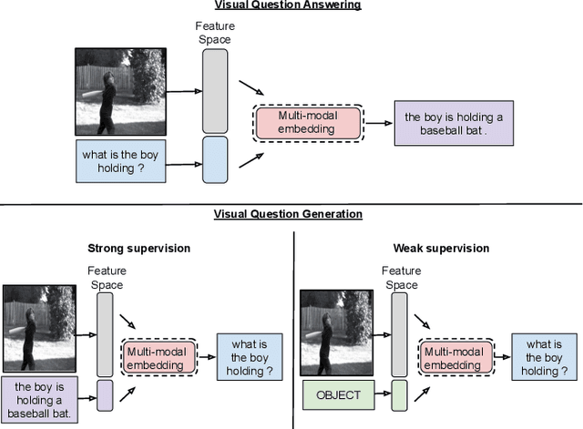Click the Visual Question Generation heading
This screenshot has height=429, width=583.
(x=288, y=214)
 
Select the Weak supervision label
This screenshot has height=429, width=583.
(x=442, y=248)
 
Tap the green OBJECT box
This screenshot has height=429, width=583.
(x=338, y=395)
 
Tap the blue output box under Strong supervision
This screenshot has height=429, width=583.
(x=243, y=357)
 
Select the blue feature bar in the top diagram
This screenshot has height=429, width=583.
(x=215, y=160)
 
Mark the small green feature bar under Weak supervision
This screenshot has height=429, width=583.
(x=400, y=395)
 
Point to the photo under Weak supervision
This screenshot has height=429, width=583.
(x=336, y=329)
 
